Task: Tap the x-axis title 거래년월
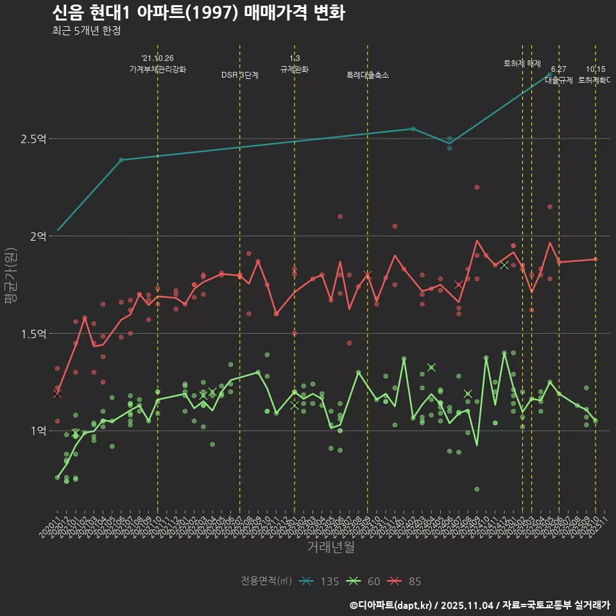(330, 547)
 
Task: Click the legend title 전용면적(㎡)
(266, 581)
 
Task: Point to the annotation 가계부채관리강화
(158, 69)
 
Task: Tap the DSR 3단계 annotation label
(240, 75)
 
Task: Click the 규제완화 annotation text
(295, 69)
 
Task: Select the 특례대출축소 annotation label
(367, 75)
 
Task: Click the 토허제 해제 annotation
(522, 64)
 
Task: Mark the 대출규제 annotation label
(559, 80)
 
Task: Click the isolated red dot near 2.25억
(477, 187)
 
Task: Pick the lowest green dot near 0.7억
(477, 489)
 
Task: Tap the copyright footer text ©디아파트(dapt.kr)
(391, 605)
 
